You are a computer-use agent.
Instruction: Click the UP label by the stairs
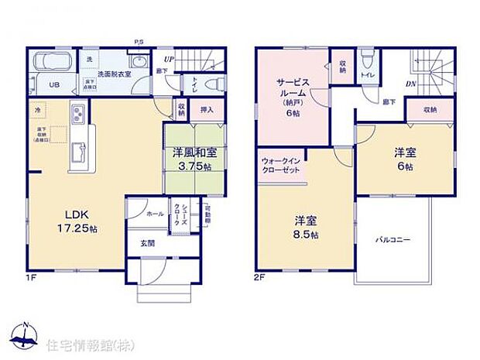[x=169, y=57]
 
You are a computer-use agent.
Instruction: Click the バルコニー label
[x=394, y=240]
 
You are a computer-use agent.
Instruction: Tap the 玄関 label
[x=146, y=243]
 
